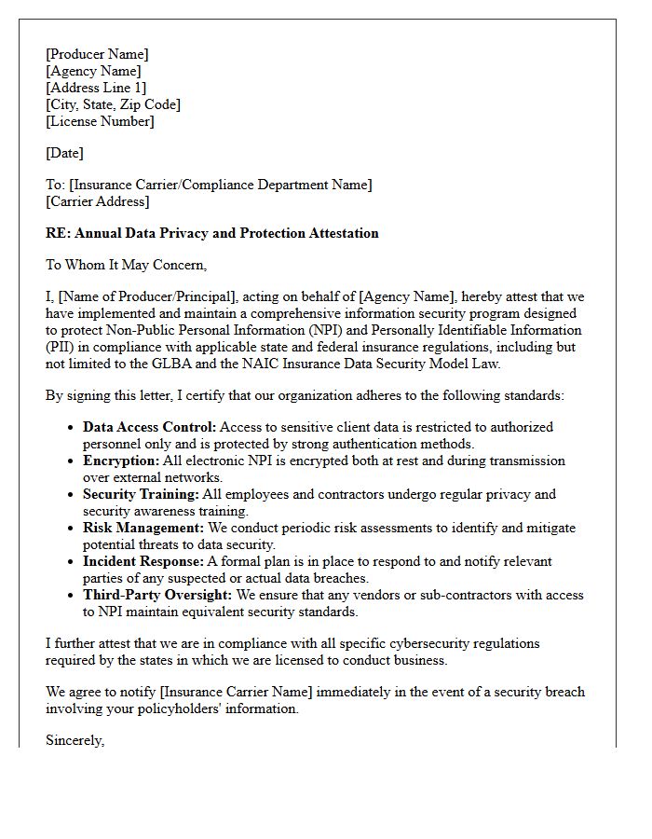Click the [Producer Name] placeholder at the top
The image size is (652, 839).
coord(97,54)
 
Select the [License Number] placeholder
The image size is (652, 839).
coord(100,121)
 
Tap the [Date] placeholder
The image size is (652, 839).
coord(64,153)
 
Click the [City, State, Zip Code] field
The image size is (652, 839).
coord(113,104)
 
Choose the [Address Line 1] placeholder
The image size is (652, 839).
coord(96,88)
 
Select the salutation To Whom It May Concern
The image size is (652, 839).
coord(126,265)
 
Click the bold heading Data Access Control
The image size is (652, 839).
coord(149,427)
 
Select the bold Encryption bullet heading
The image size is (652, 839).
coord(120,461)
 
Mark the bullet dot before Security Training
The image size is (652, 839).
coord(72,494)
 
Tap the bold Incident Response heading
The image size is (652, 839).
coord(143,561)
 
